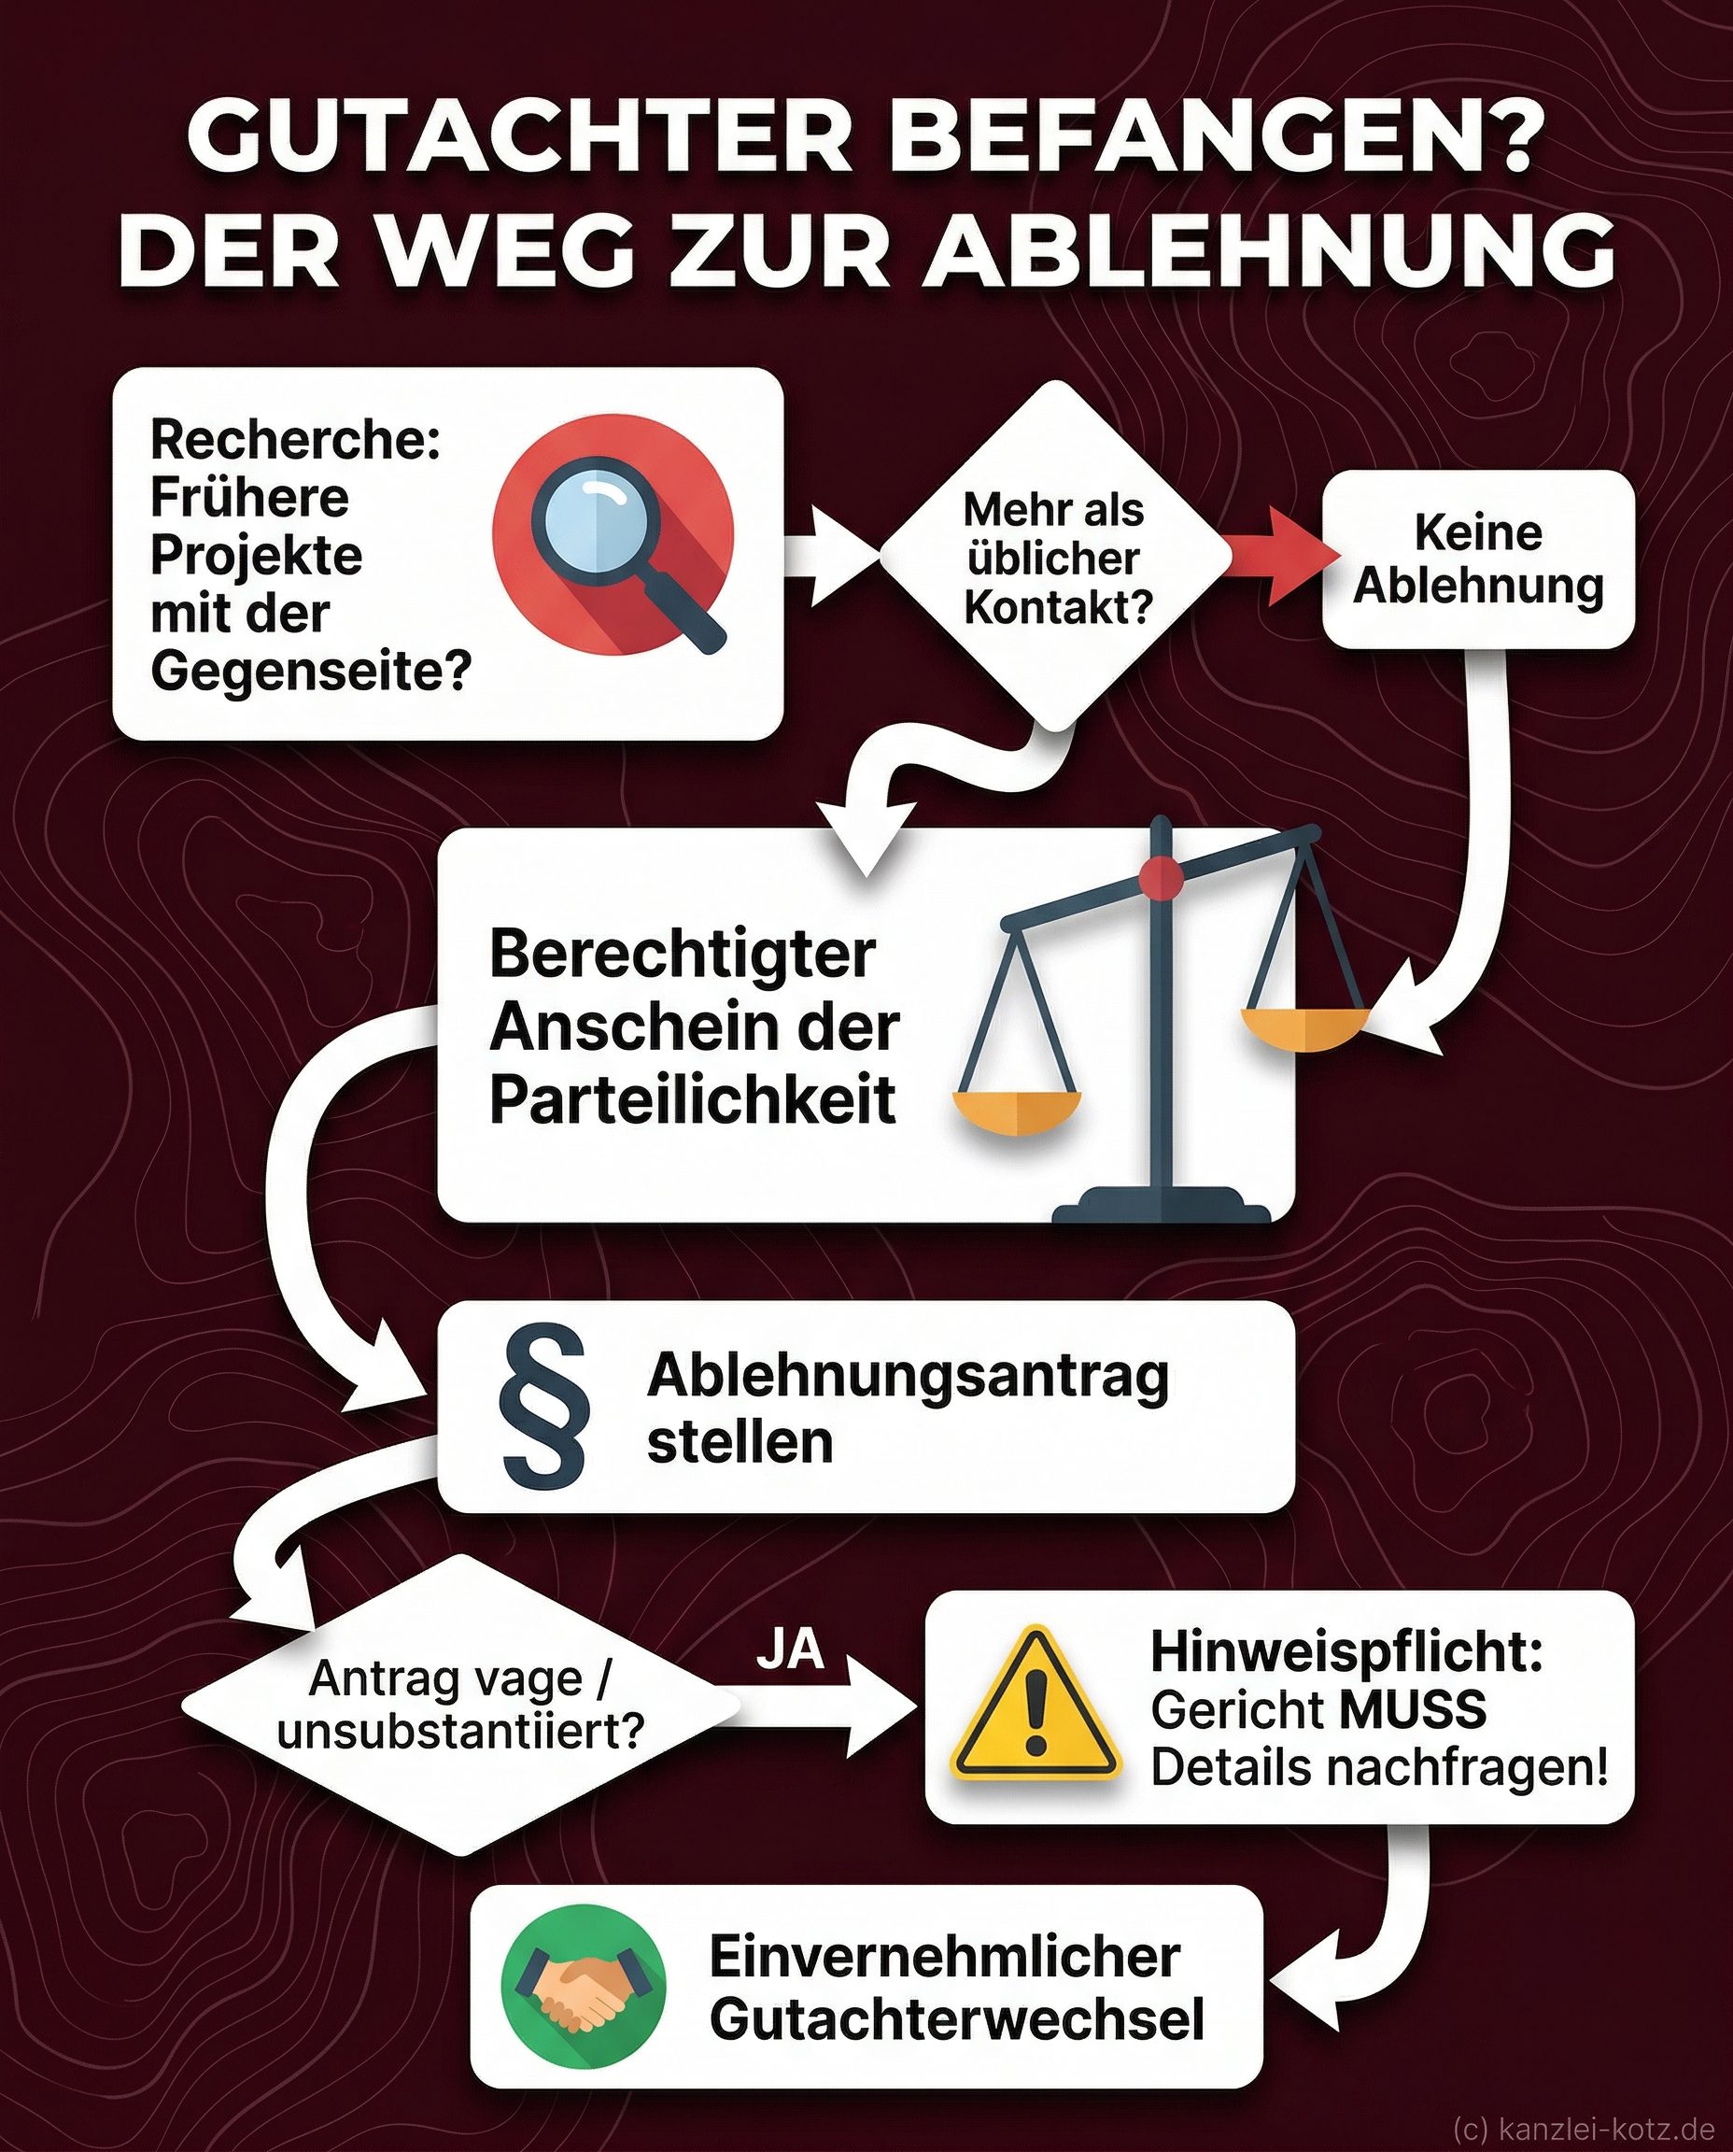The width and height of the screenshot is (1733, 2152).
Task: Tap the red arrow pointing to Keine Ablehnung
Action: (1280, 555)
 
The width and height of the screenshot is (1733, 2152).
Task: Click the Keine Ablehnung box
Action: (1477, 559)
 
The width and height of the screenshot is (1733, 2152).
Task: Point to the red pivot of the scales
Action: (1161, 877)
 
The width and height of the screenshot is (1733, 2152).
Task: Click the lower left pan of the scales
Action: (1016, 1111)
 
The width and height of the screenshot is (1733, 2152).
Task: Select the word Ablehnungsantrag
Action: (908, 1376)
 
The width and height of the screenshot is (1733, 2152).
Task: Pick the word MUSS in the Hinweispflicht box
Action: (1413, 1709)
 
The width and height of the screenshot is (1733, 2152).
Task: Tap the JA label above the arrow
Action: (791, 1649)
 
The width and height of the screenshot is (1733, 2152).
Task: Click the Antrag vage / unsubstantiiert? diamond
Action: (460, 1705)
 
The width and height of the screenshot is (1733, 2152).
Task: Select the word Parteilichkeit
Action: (693, 1099)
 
